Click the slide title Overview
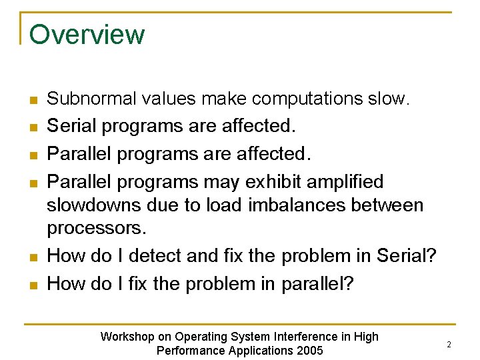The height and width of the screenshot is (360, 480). click(87, 35)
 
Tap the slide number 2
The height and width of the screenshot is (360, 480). click(449, 345)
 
